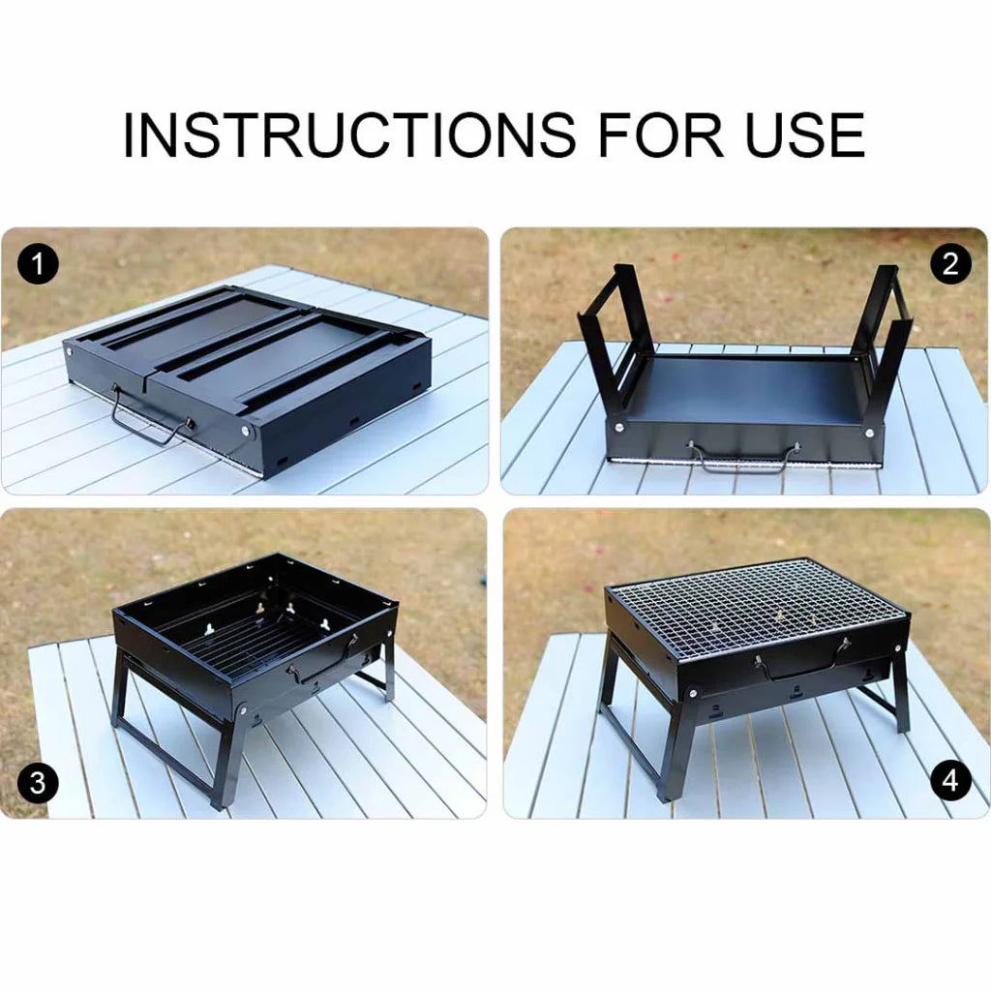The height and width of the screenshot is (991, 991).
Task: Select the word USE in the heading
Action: click(803, 135)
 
